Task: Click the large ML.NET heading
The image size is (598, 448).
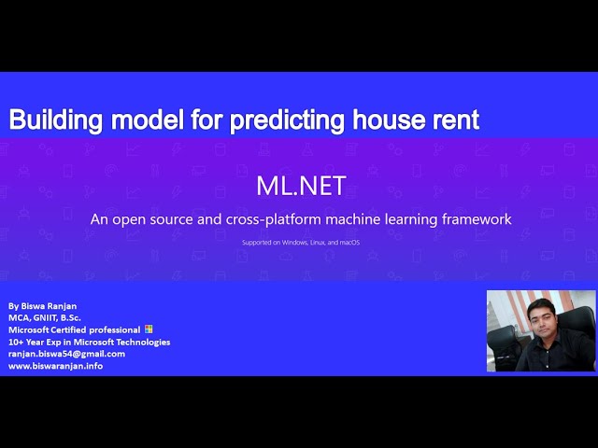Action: pyautogui.click(x=301, y=185)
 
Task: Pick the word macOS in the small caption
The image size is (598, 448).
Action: pyautogui.click(x=349, y=243)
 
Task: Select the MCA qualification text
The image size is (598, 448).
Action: pyautogui.click(x=19, y=318)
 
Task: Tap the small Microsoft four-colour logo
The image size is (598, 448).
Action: pyautogui.click(x=149, y=329)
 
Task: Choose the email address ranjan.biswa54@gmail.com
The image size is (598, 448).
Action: pyautogui.click(x=66, y=354)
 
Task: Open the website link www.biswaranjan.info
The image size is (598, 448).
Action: pyautogui.click(x=55, y=366)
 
